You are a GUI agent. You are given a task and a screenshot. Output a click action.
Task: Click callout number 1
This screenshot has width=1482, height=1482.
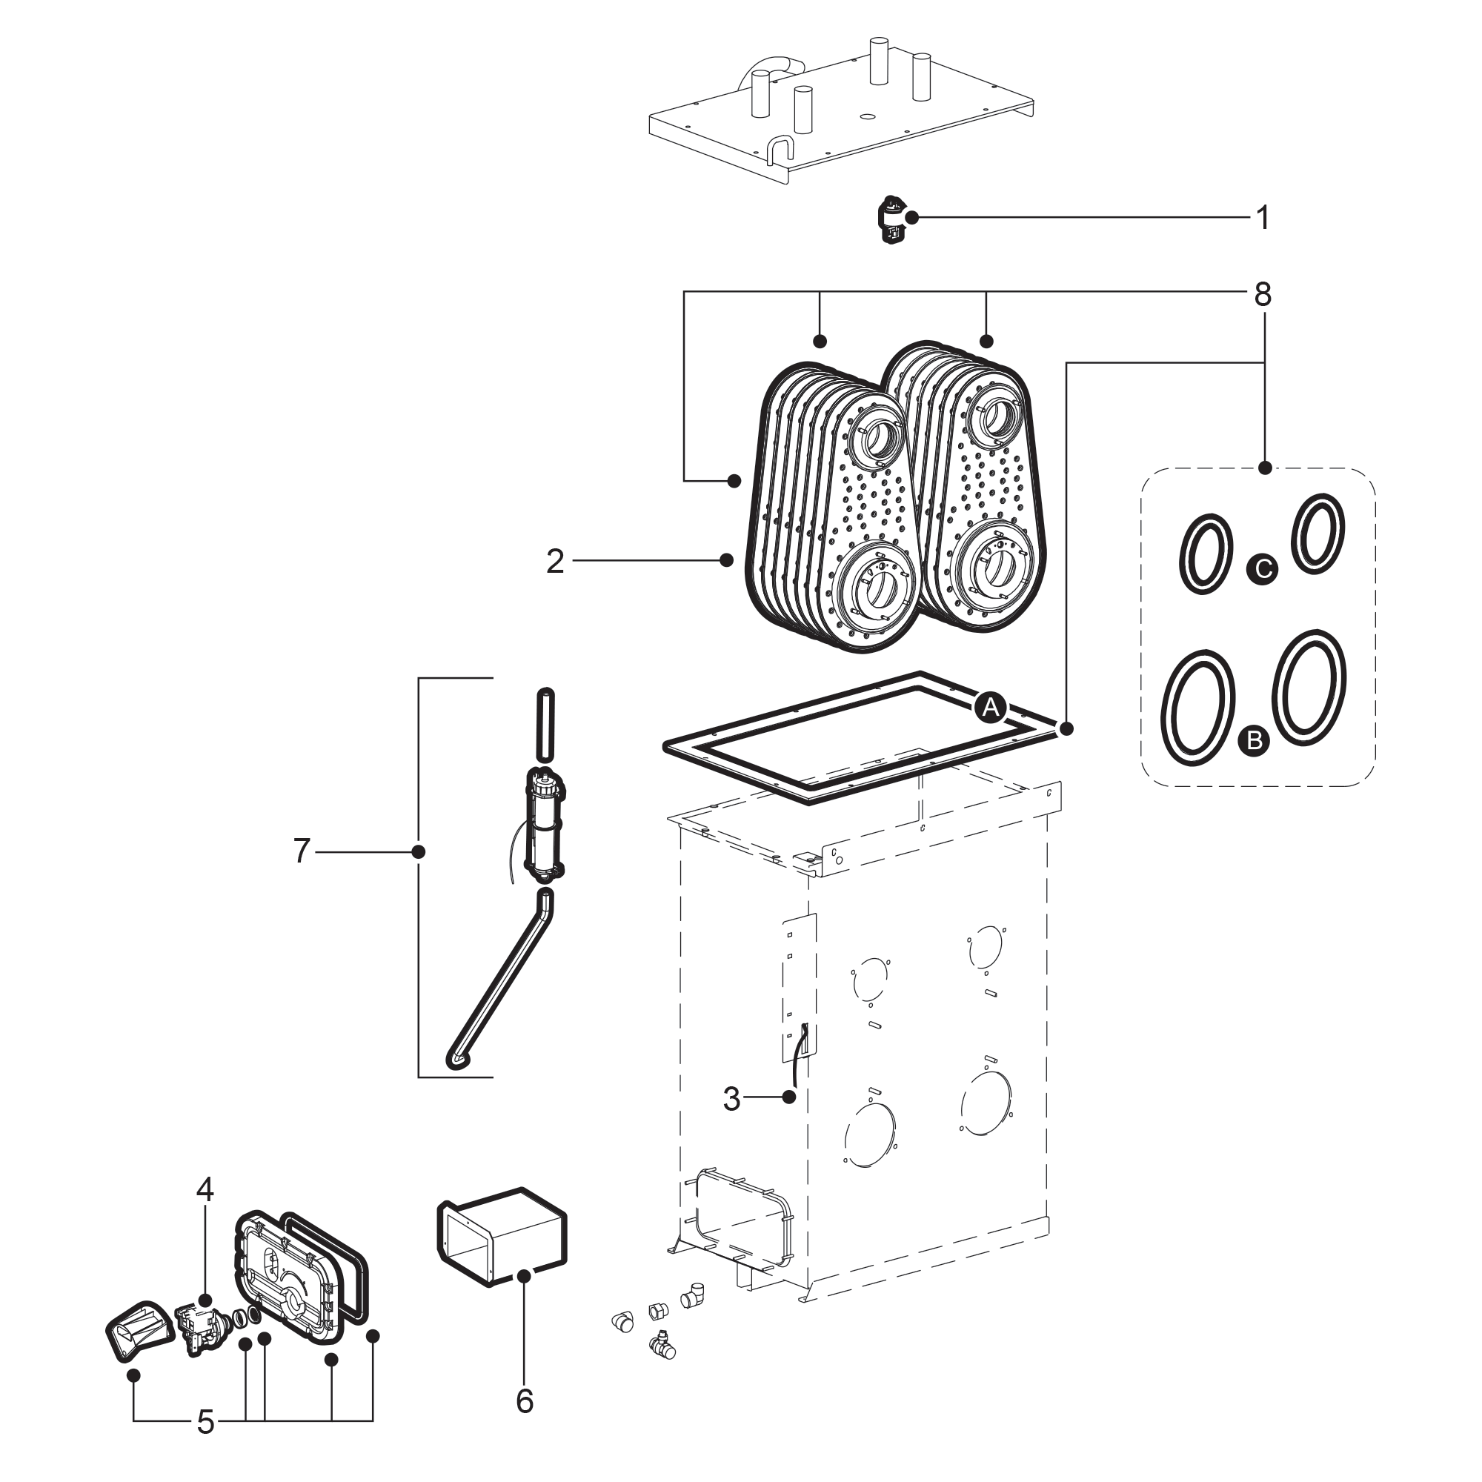click(1263, 218)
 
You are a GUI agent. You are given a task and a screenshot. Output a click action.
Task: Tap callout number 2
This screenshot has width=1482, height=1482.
click(554, 562)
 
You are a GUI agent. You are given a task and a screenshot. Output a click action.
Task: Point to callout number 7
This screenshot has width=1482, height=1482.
click(302, 851)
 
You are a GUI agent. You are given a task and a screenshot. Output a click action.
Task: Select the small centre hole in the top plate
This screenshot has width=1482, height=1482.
click(868, 116)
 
